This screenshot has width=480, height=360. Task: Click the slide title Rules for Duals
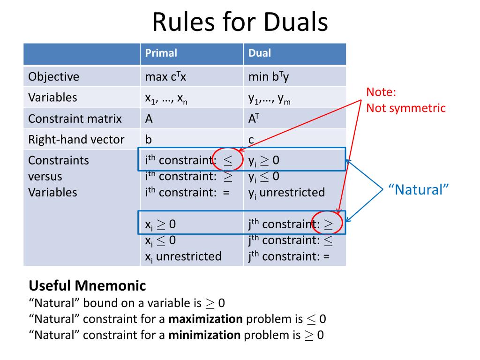coord(240,22)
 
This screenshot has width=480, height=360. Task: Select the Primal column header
coord(161,53)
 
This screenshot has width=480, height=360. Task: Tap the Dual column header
coord(260,53)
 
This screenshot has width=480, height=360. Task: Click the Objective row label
coord(53,76)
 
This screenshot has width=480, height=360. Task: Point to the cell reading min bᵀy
coord(269,76)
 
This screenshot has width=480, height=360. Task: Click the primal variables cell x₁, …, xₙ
coord(166,98)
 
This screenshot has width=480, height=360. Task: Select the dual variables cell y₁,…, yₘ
coord(270,98)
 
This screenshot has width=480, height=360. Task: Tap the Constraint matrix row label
coord(75,119)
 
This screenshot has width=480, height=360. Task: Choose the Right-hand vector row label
coord(76,140)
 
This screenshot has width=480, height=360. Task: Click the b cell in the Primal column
coord(149,140)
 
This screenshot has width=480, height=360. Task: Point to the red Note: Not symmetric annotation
coord(405,100)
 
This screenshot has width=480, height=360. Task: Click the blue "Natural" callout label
coord(419,190)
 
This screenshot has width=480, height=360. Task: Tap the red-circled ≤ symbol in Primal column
coord(227,160)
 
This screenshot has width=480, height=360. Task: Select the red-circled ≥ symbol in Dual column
coord(329,225)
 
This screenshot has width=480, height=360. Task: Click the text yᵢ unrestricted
coord(286,192)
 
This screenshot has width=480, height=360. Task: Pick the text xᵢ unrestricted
coord(183,256)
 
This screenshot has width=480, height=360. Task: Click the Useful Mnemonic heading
coord(87,285)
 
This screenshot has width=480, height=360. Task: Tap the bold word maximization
coord(205,320)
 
